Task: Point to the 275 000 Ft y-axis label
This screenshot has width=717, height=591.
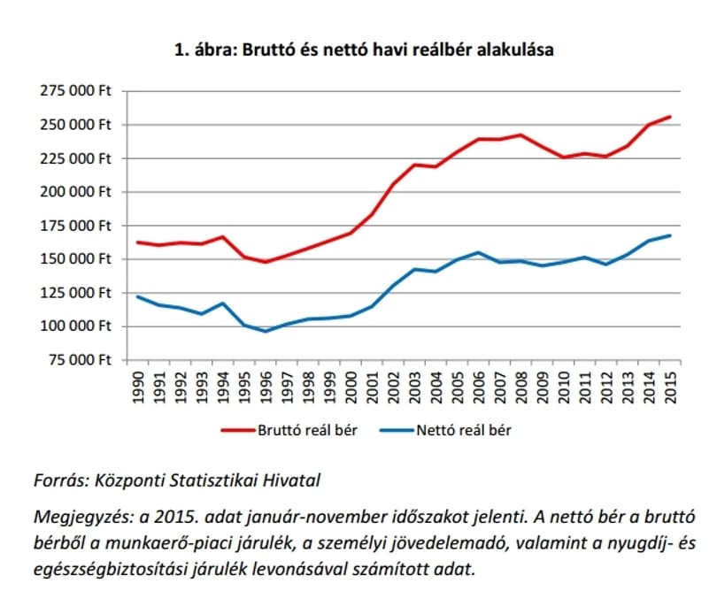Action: point(76,91)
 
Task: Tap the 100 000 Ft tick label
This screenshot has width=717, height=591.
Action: point(76,326)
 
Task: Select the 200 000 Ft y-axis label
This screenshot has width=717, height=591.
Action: point(76,192)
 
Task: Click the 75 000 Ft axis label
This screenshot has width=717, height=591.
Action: point(80,360)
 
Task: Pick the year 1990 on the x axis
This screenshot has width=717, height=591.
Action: point(138,388)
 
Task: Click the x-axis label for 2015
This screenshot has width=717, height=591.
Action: point(671,388)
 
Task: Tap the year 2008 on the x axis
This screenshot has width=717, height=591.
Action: point(521,388)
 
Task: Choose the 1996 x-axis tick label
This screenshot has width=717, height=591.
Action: point(266,388)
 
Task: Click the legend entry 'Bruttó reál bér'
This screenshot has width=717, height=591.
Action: point(289,431)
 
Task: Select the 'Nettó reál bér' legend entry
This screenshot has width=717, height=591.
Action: point(446,431)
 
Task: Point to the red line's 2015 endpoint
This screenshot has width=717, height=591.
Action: point(670,117)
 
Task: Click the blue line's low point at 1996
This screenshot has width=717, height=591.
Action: point(266,331)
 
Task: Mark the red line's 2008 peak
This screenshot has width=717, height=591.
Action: point(520,134)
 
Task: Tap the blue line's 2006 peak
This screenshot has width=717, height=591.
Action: point(478,252)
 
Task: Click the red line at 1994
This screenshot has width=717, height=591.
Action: point(223,237)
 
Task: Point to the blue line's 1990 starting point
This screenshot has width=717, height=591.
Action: point(137,296)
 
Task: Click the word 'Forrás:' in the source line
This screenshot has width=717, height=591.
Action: point(61,480)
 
